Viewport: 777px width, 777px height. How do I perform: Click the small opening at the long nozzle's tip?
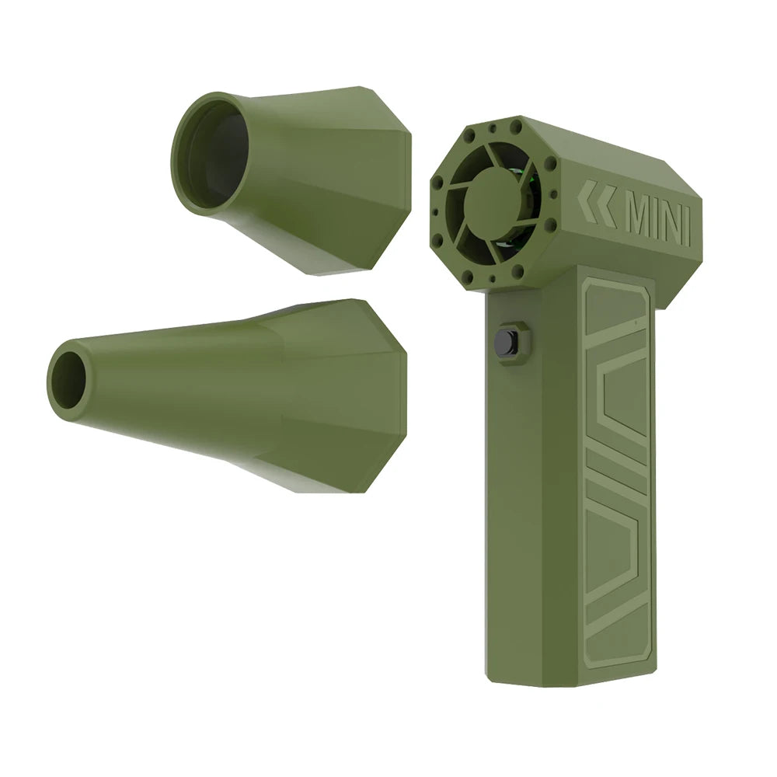point(68,380)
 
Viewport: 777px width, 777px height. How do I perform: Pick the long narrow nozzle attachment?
point(233,392)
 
